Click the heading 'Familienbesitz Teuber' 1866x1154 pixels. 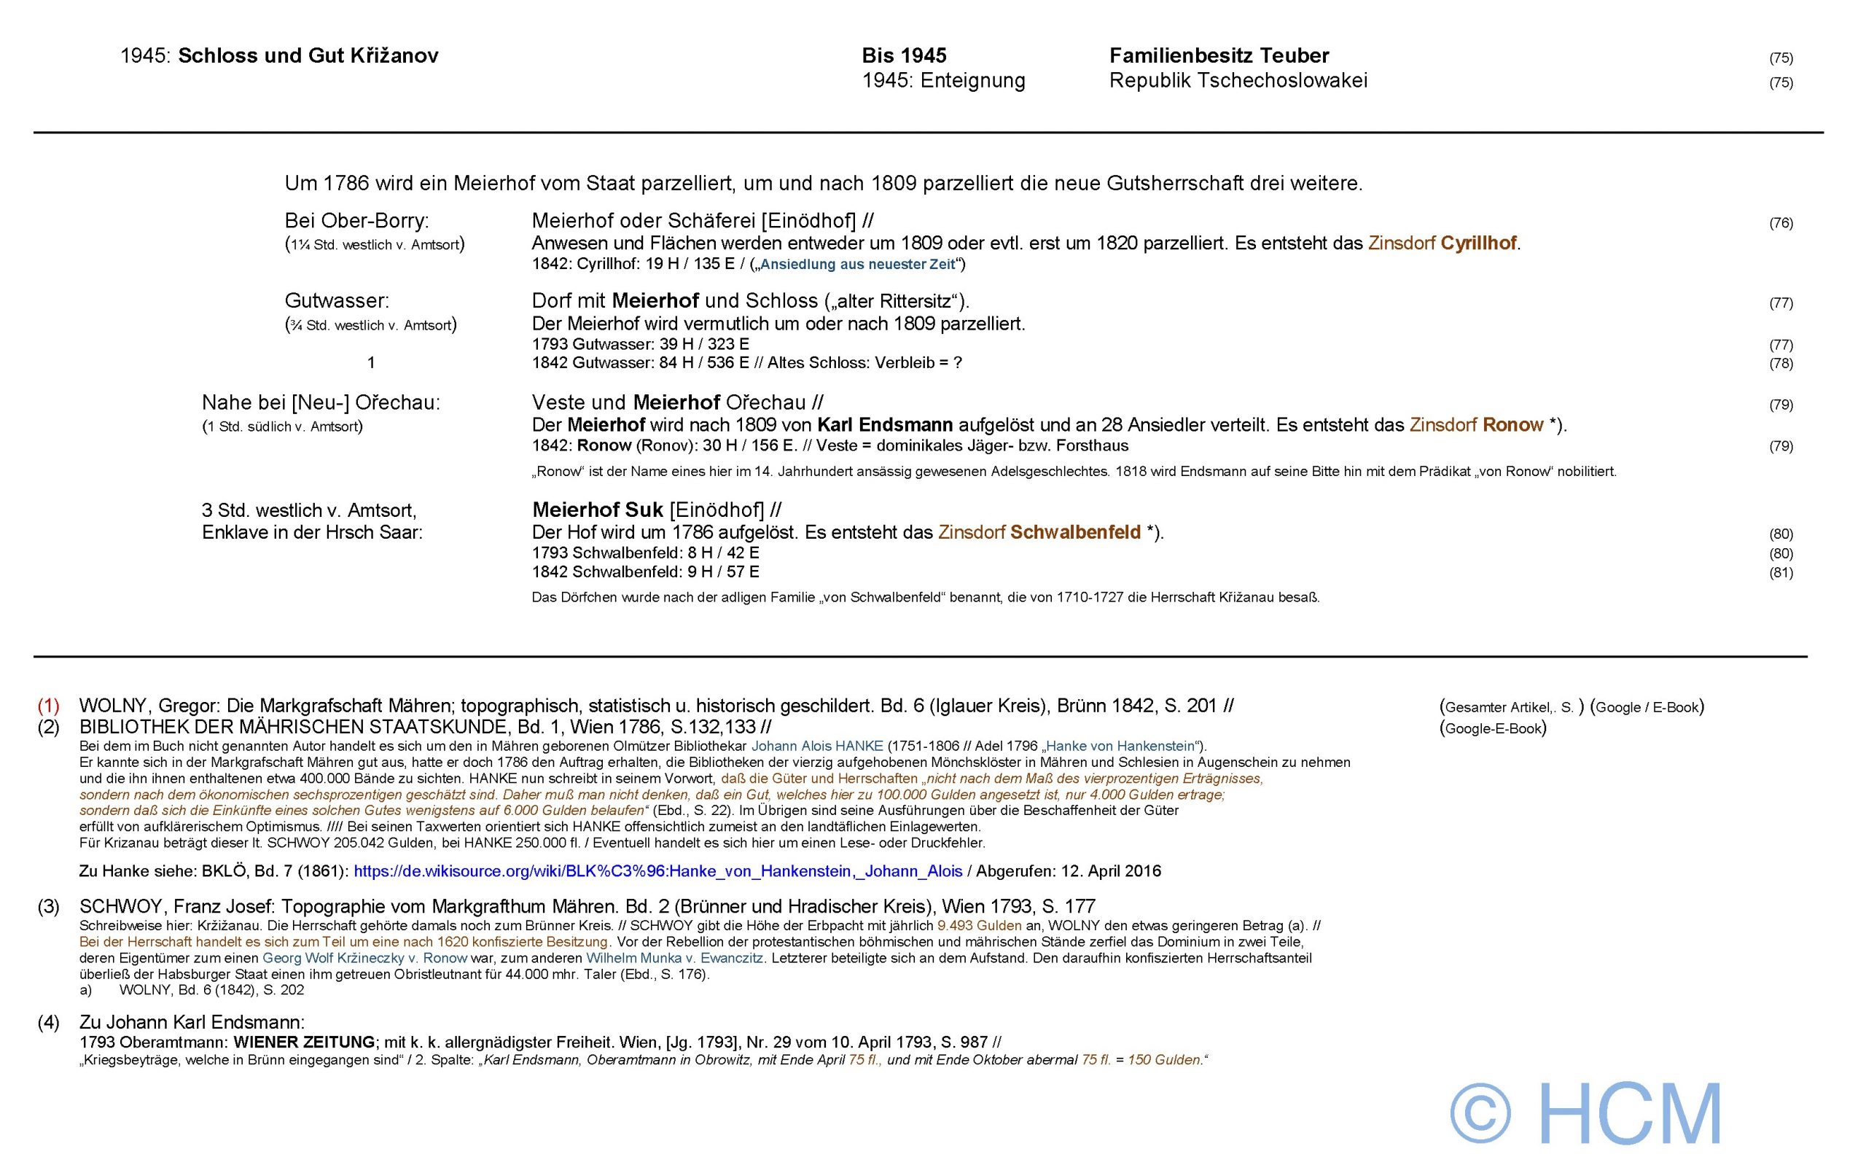click(1219, 55)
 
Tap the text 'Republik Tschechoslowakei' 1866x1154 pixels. click(1238, 80)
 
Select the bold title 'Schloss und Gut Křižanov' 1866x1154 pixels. click(308, 55)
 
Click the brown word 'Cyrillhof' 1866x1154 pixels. click(1478, 243)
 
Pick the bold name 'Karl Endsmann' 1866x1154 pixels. click(885, 424)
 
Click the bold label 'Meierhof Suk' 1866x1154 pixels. click(597, 510)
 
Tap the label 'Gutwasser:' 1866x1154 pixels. click(337, 301)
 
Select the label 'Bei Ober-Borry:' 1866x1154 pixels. click(356, 221)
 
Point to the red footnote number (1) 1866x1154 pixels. click(49, 706)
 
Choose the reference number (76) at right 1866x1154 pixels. click(1781, 223)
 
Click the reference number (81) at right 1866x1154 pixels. click(1781, 572)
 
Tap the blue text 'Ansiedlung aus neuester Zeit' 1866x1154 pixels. click(858, 265)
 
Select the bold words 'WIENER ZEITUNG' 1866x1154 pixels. click(304, 1042)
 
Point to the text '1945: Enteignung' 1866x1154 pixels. click(943, 80)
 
